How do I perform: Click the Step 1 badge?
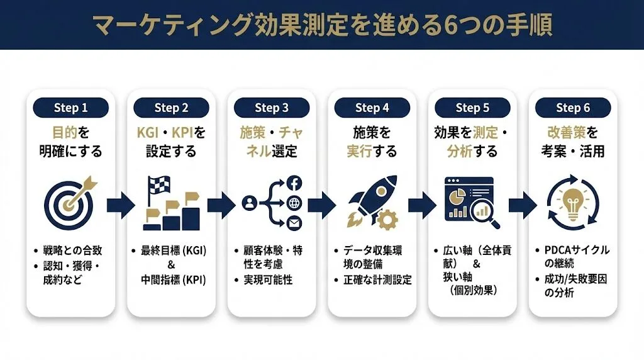(70, 108)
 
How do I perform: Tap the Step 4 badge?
(372, 108)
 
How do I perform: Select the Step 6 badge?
(572, 108)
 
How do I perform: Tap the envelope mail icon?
(294, 223)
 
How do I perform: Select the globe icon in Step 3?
(294, 203)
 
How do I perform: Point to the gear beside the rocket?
(388, 218)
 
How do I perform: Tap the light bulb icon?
(572, 201)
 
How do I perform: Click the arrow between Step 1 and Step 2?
(121, 204)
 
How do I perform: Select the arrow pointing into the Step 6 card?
(523, 204)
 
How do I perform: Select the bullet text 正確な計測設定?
(375, 279)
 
